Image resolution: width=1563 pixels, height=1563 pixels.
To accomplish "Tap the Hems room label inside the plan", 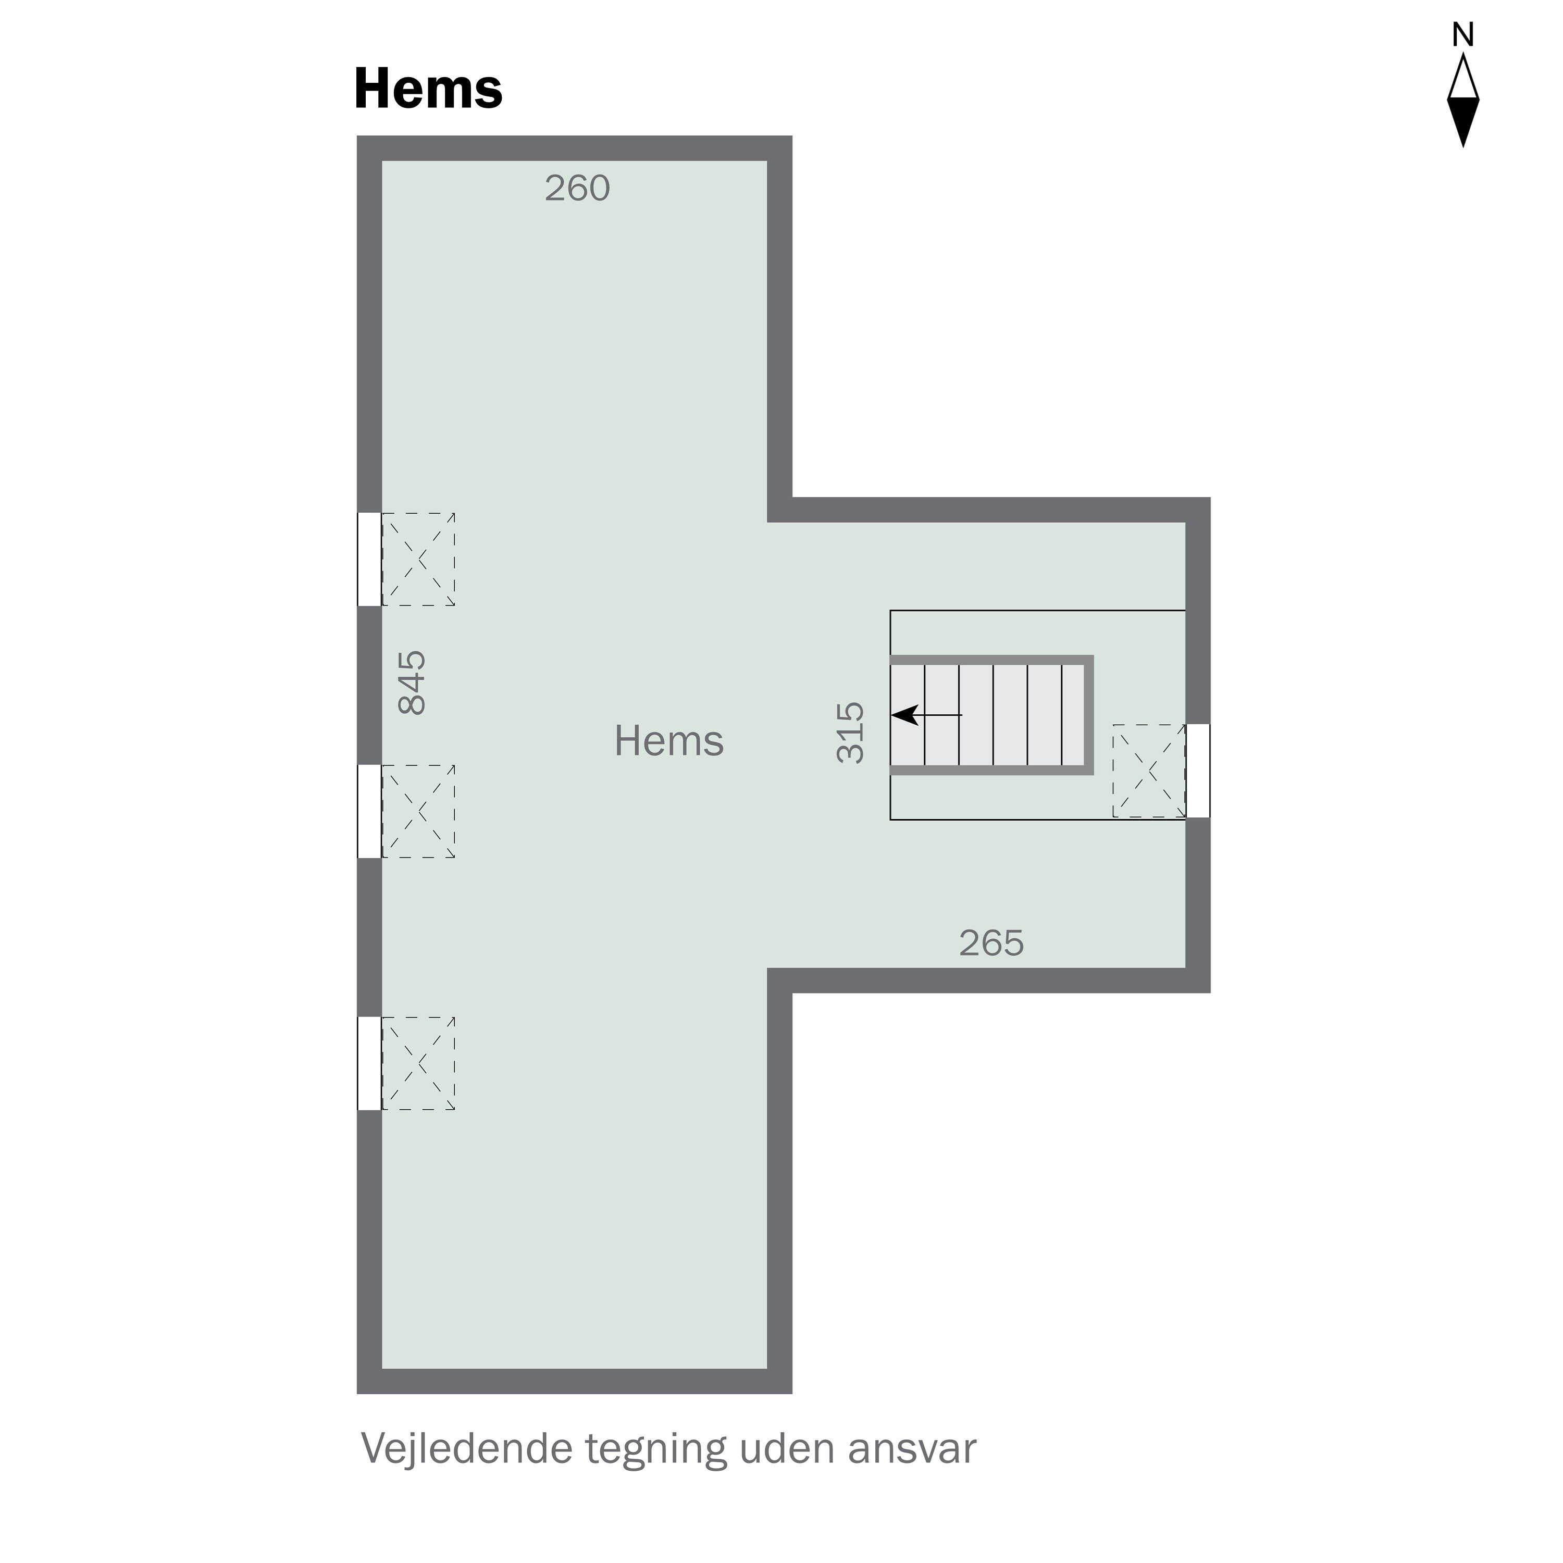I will (x=668, y=741).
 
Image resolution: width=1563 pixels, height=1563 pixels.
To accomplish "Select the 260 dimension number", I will (x=577, y=189).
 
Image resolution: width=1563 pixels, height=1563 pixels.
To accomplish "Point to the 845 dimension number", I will (x=413, y=682).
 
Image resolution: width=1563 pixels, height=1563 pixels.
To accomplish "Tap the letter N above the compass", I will (x=1462, y=35).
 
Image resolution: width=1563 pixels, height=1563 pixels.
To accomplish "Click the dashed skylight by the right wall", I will (x=1149, y=771).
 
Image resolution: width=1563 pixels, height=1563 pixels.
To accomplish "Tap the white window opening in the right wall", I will (x=1198, y=771).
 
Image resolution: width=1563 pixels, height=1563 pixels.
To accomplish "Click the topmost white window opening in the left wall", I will (x=369, y=559).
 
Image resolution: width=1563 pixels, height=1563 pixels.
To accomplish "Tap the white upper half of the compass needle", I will (x=1462, y=79).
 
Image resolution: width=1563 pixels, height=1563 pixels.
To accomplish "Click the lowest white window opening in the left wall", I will (x=369, y=1063).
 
